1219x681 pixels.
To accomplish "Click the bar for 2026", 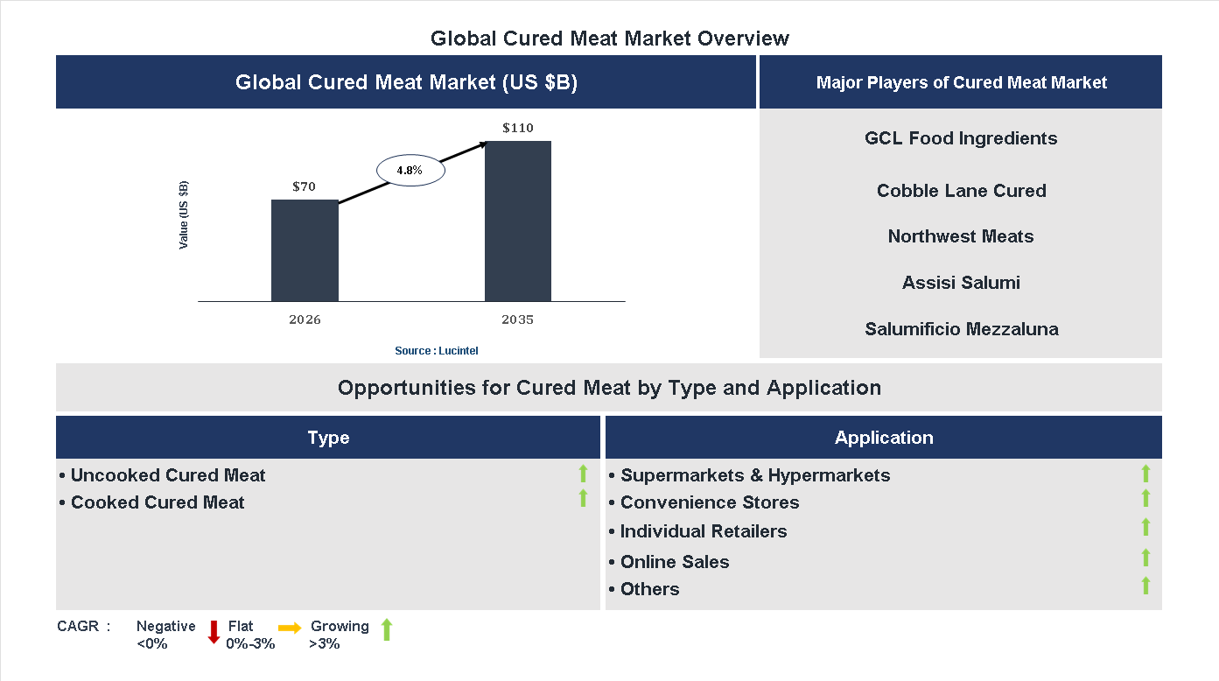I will point(305,250).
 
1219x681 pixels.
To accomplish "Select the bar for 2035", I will point(518,221).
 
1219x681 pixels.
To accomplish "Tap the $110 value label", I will point(518,128).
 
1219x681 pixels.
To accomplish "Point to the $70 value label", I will point(305,186).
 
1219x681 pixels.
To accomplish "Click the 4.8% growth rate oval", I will point(410,171).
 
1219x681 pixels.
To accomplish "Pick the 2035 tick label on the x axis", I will point(518,319).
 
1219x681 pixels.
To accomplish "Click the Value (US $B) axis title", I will point(184,214).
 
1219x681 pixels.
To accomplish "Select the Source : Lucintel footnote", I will point(437,350).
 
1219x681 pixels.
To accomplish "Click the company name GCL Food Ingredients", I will point(961,138).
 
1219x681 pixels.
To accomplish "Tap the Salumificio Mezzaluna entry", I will point(961,329).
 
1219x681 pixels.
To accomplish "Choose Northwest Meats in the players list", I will point(961,236).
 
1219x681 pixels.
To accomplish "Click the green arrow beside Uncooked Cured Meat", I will point(583,474).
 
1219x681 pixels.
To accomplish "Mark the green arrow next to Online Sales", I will point(1145,558).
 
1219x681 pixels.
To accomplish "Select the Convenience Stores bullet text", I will point(709,502).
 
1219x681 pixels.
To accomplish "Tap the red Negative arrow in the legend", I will point(213,631).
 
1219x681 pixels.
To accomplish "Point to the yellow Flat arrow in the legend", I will point(290,628).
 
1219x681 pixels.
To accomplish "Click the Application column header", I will point(884,438).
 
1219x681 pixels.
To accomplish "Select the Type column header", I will point(328,438).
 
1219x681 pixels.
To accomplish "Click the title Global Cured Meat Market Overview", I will point(610,39).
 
